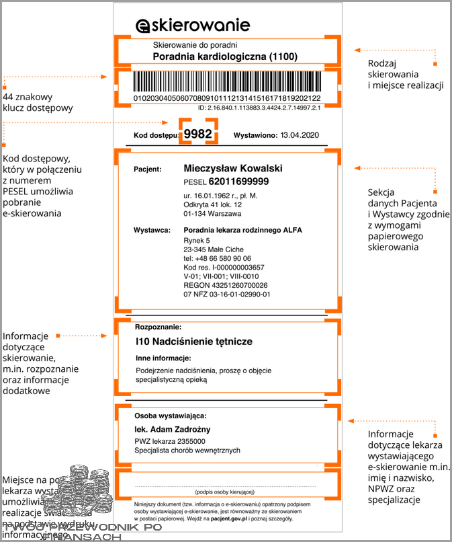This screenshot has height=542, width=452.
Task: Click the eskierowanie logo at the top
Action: click(193, 26)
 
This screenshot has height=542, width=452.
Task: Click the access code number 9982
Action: click(198, 134)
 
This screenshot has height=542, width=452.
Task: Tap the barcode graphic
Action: click(227, 83)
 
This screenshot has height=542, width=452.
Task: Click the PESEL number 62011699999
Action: click(238, 182)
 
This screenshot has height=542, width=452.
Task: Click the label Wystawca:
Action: click(151, 231)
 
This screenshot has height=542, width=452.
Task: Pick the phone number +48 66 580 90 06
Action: click(218, 258)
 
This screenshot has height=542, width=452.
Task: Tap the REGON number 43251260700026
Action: click(220, 285)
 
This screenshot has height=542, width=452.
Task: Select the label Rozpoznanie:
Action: click(159, 326)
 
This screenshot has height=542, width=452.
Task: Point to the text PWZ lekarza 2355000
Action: click(170, 440)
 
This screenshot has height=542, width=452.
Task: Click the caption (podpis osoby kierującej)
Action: click(225, 492)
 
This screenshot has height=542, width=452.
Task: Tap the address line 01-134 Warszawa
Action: click(212, 214)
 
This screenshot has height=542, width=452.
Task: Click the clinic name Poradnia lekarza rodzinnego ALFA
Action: click(242, 230)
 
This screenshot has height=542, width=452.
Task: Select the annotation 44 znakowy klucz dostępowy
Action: click(38, 103)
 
